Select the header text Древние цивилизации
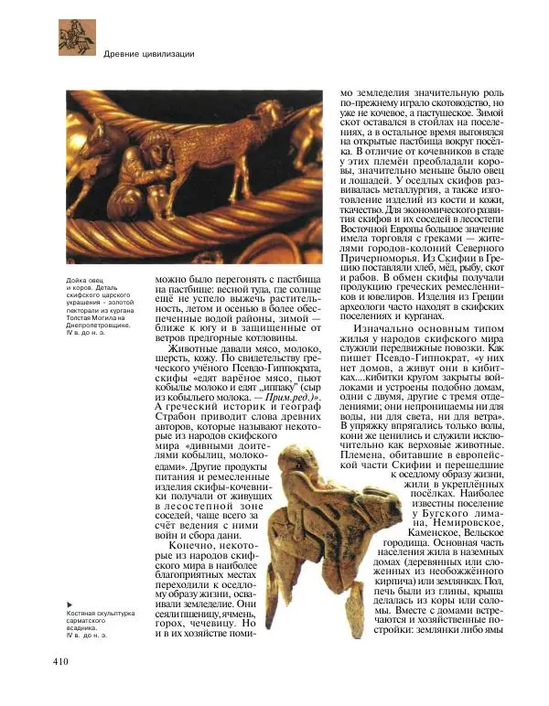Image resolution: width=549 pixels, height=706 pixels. pyautogui.click(x=149, y=54)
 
